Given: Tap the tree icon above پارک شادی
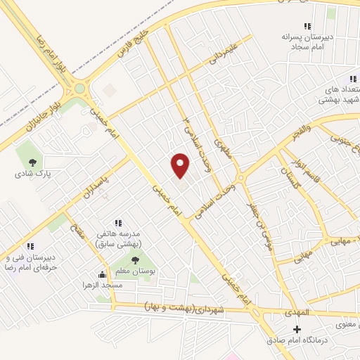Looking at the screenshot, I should click(32, 162).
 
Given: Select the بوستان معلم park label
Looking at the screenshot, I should click(134, 270).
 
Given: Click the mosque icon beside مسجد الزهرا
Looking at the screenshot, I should click(102, 275).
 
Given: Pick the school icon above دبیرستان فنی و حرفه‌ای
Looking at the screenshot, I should click(30, 247).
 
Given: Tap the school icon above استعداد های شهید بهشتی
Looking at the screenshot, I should click(352, 79).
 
